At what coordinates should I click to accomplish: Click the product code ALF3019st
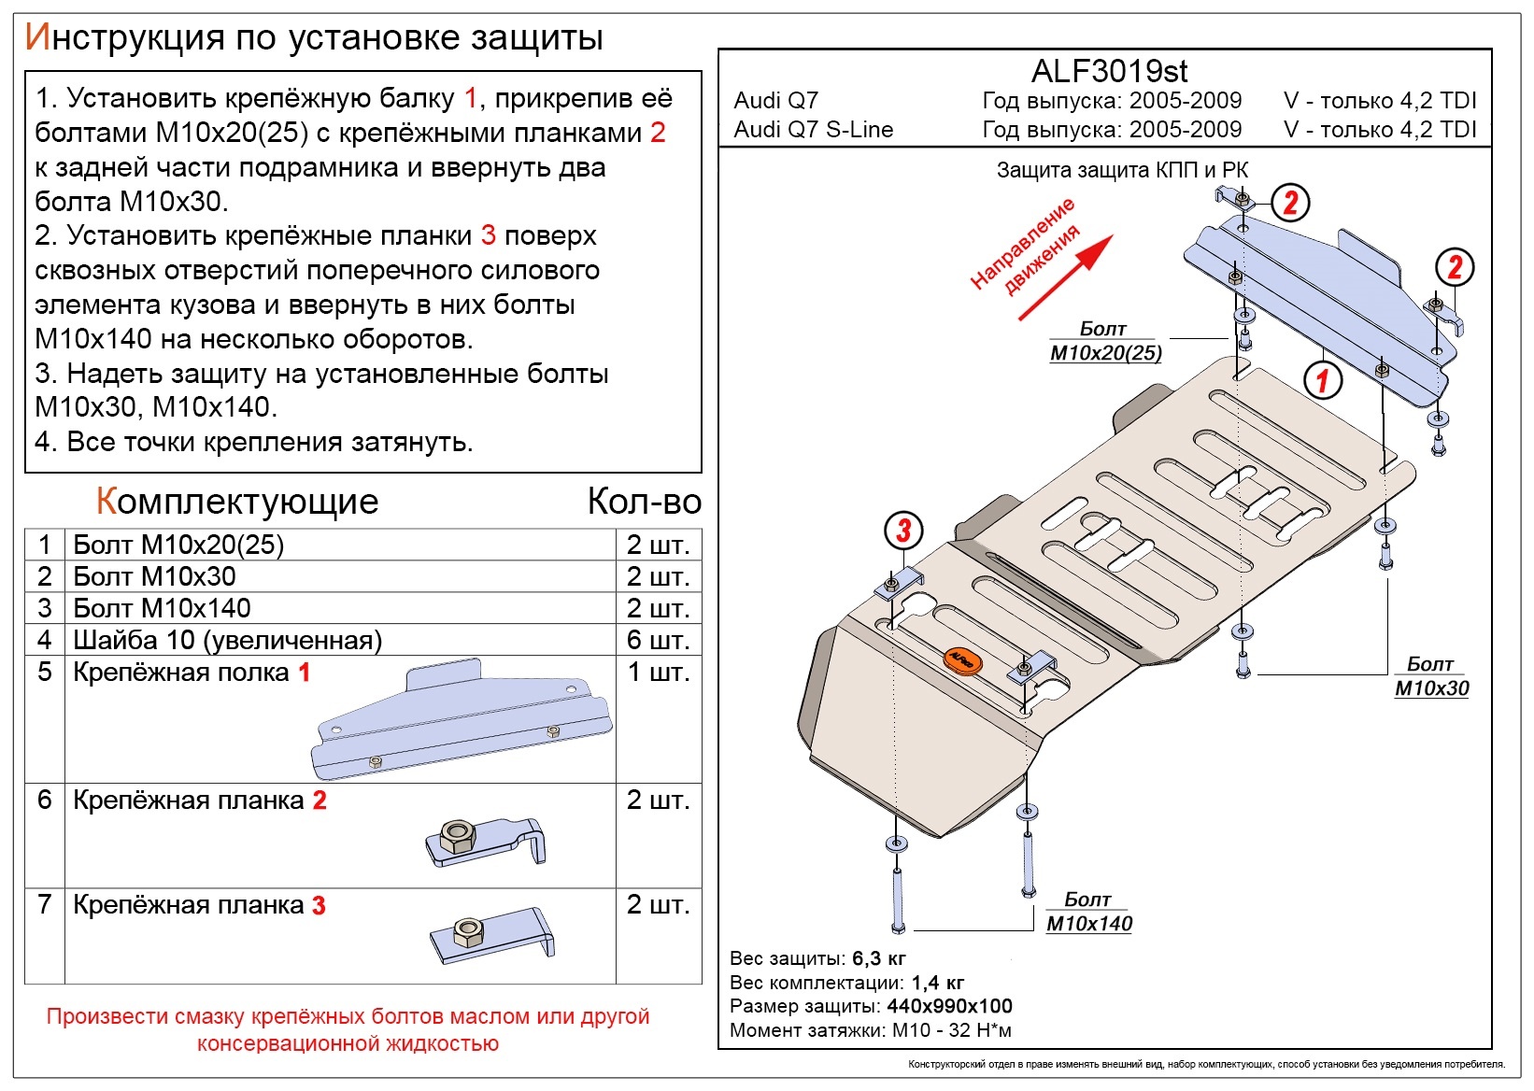click(x=1109, y=71)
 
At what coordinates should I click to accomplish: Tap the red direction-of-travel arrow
click(x=1066, y=278)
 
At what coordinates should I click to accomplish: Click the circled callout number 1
click(x=1321, y=380)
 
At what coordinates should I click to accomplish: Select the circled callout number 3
click(x=903, y=531)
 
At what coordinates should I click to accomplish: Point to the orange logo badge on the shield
click(x=962, y=660)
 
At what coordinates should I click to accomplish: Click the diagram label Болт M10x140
click(x=1089, y=912)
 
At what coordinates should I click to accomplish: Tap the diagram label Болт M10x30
click(x=1431, y=676)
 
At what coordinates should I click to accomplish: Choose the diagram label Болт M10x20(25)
click(x=1105, y=341)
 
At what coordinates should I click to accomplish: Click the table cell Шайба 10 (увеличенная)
click(x=227, y=640)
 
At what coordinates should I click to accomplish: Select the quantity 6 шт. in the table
click(x=658, y=640)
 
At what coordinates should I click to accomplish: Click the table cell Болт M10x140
click(x=162, y=608)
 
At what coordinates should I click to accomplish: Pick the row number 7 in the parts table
click(x=45, y=904)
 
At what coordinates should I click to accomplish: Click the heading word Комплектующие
click(x=237, y=502)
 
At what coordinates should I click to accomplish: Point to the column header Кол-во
click(x=645, y=502)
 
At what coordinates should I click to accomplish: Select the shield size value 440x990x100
click(x=949, y=1005)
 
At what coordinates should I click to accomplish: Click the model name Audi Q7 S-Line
click(x=814, y=130)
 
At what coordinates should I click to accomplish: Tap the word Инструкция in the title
click(x=124, y=37)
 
